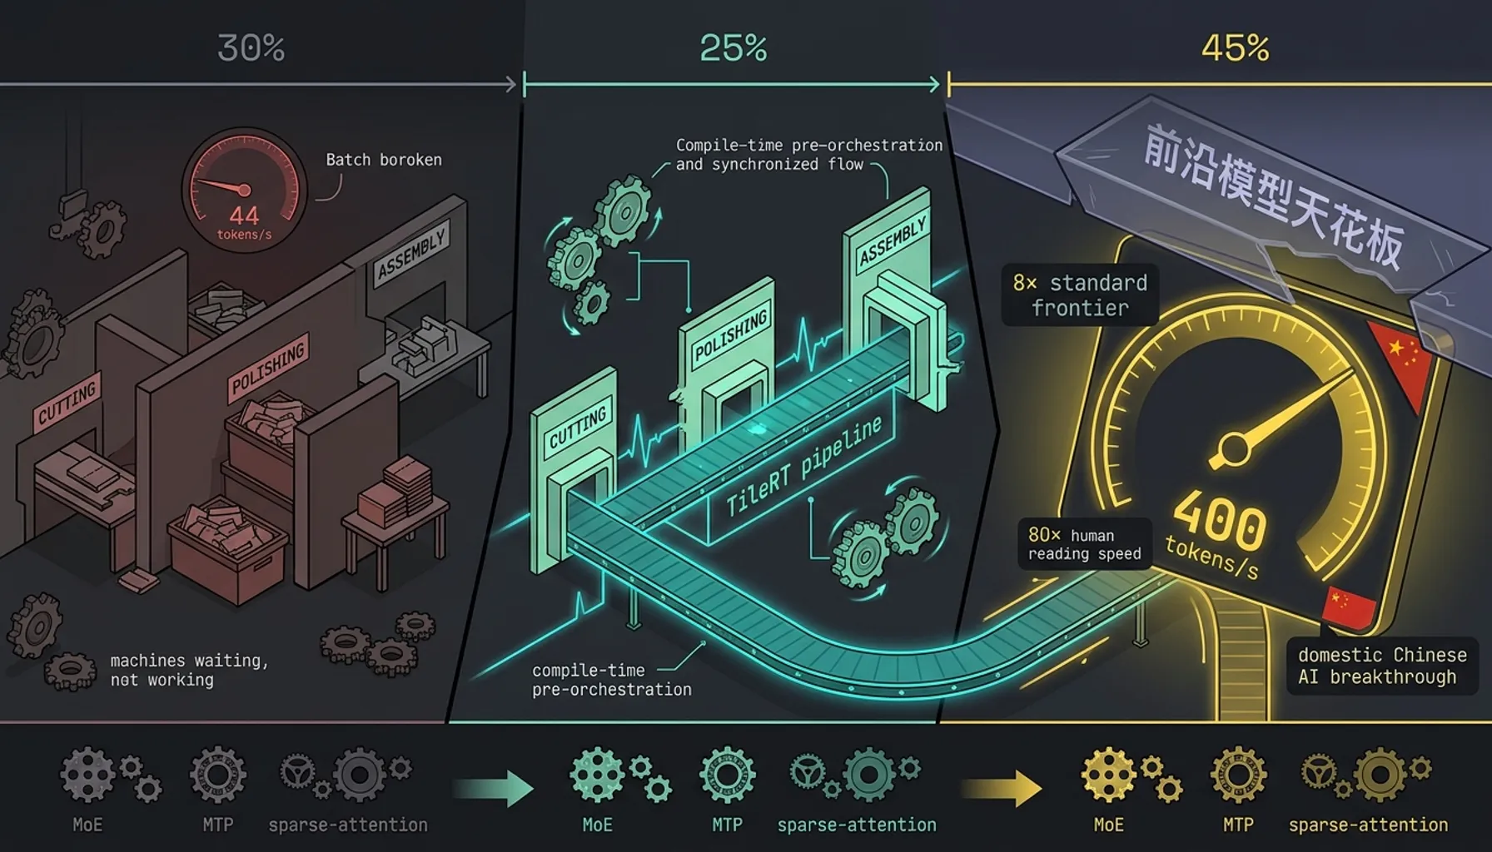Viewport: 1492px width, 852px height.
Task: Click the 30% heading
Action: coord(251,48)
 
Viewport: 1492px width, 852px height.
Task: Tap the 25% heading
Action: coord(733,48)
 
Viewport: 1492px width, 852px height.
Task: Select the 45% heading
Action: coord(1235,48)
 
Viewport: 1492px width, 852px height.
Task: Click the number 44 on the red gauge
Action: coord(244,215)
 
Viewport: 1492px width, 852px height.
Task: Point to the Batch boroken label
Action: coord(384,160)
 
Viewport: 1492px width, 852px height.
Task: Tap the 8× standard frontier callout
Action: coord(1080,295)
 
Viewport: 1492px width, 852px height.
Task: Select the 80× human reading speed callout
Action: coord(1084,544)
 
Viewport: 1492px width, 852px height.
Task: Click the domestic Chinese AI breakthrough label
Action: coord(1382,666)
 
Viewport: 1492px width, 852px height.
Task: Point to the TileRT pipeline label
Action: coord(804,467)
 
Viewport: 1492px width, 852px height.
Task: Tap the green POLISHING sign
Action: coord(730,336)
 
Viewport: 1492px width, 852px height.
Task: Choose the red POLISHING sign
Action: coord(268,367)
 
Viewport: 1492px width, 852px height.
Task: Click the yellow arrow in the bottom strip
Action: coord(1002,788)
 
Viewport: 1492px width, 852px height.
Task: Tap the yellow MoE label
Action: coord(1108,825)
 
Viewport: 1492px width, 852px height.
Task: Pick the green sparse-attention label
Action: coord(857,825)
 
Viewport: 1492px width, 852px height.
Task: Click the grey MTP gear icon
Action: coord(217,775)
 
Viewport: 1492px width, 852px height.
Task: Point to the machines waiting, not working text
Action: coord(189,670)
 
